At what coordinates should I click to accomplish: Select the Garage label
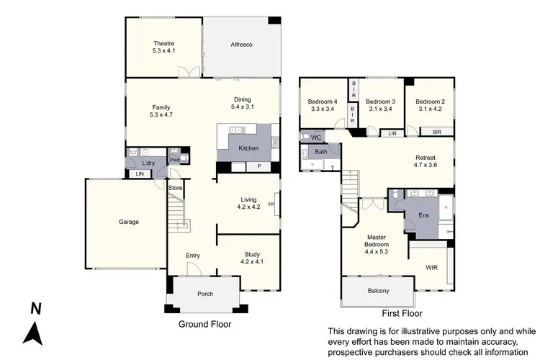[129, 222]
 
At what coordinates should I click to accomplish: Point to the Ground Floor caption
[204, 324]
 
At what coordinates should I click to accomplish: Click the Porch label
[204, 294]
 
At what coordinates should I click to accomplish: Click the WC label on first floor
[315, 137]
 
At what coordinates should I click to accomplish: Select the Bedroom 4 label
[323, 102]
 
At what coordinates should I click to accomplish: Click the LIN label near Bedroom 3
[392, 133]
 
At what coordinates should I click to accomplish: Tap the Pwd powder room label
[174, 160]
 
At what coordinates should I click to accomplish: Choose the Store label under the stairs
[176, 189]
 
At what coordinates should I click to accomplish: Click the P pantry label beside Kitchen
[259, 166]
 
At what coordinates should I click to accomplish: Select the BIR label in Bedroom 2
[437, 132]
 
